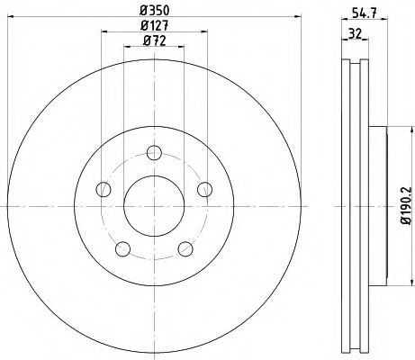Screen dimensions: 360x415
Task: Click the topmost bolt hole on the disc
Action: (x=154, y=152)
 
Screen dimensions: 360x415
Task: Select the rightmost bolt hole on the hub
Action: (x=204, y=188)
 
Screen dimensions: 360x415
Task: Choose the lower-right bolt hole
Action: (x=185, y=247)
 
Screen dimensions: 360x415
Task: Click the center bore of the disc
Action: (x=154, y=205)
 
